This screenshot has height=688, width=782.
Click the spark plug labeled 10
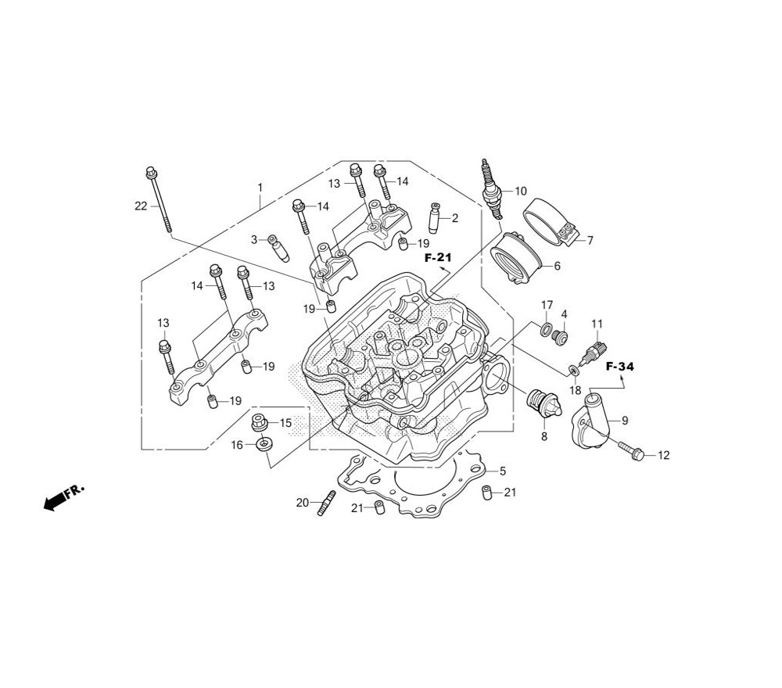[x=491, y=189]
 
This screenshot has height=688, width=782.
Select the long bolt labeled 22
[x=160, y=199]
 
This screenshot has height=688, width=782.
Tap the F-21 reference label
[x=438, y=257]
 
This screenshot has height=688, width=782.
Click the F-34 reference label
[x=620, y=367]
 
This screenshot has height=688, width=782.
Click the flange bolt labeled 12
[x=632, y=450]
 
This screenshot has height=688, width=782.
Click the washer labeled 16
[x=264, y=445]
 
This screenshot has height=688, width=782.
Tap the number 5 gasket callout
[x=503, y=471]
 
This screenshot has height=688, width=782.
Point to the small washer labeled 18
[x=573, y=370]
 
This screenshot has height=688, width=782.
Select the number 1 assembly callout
[x=260, y=188]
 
